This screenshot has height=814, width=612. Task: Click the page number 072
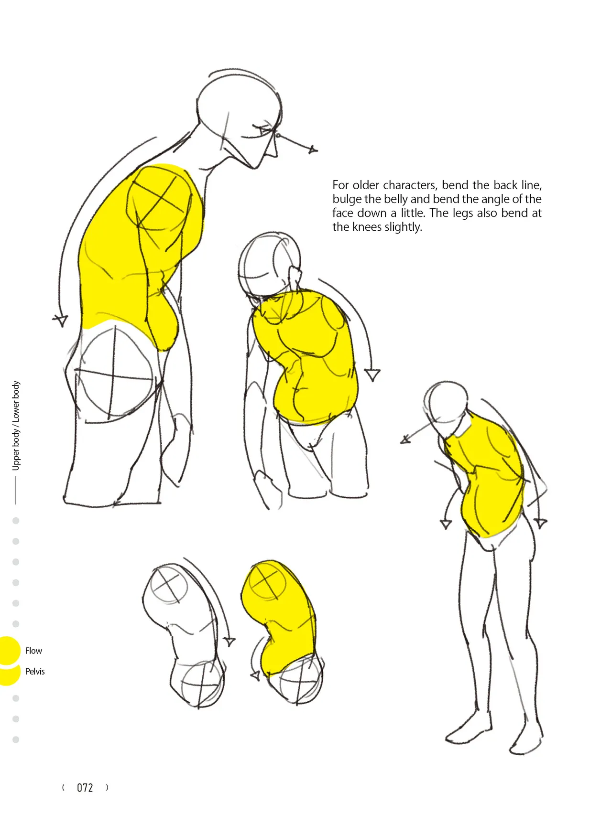pos(85,788)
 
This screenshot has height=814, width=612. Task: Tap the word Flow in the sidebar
pos(33,651)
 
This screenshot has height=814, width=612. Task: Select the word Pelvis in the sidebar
pos(35,671)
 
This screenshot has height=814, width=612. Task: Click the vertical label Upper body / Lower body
pos(16,425)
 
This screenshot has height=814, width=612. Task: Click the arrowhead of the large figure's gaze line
pos(313,150)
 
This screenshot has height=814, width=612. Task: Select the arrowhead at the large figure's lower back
pos(61,320)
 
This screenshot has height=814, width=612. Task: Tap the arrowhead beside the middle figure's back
pos(372,375)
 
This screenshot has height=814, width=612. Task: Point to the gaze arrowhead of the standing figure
pos(405,439)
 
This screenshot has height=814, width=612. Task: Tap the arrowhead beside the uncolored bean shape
pos(230,642)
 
